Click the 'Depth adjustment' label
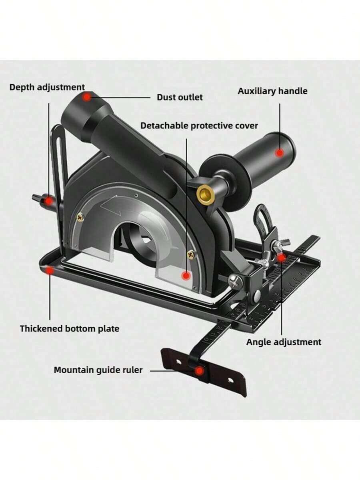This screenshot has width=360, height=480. (47, 88)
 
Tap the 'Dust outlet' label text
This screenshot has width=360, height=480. (180, 98)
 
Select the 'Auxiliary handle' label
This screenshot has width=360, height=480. (272, 91)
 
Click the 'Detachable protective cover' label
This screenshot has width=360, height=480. (199, 126)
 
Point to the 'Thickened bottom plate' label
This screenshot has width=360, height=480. (70, 329)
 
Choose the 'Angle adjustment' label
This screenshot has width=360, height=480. (284, 342)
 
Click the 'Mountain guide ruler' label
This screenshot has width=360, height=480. (98, 370)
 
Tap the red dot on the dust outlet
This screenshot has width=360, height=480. (87, 97)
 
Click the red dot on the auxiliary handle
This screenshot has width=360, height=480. (280, 153)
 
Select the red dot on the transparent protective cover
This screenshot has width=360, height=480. (186, 276)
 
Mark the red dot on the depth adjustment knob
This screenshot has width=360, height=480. (48, 200)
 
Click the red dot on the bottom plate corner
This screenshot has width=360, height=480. (50, 270)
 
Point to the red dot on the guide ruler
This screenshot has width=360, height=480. (199, 371)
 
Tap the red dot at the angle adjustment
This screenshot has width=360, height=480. (281, 258)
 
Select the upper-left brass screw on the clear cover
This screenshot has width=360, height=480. (80, 217)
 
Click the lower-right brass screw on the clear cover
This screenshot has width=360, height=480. (191, 254)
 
